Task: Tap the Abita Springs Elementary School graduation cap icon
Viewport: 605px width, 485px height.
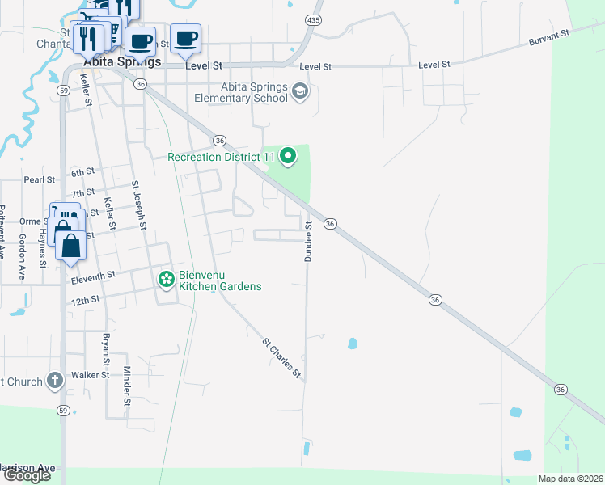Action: (x=301, y=91)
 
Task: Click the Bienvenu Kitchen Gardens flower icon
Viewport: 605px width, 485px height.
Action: (x=167, y=280)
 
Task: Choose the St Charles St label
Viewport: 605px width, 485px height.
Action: (x=281, y=358)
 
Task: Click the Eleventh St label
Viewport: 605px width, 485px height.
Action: (x=94, y=276)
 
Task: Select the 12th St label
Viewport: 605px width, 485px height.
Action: (x=84, y=299)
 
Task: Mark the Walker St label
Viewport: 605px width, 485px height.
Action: (x=90, y=375)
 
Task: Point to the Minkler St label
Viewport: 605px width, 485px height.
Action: (x=127, y=386)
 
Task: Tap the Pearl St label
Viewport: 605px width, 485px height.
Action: (x=39, y=179)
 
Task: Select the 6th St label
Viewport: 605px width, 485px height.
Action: (x=82, y=173)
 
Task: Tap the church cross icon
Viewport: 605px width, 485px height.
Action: (x=54, y=380)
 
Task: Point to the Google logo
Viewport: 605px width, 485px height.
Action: (x=26, y=475)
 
